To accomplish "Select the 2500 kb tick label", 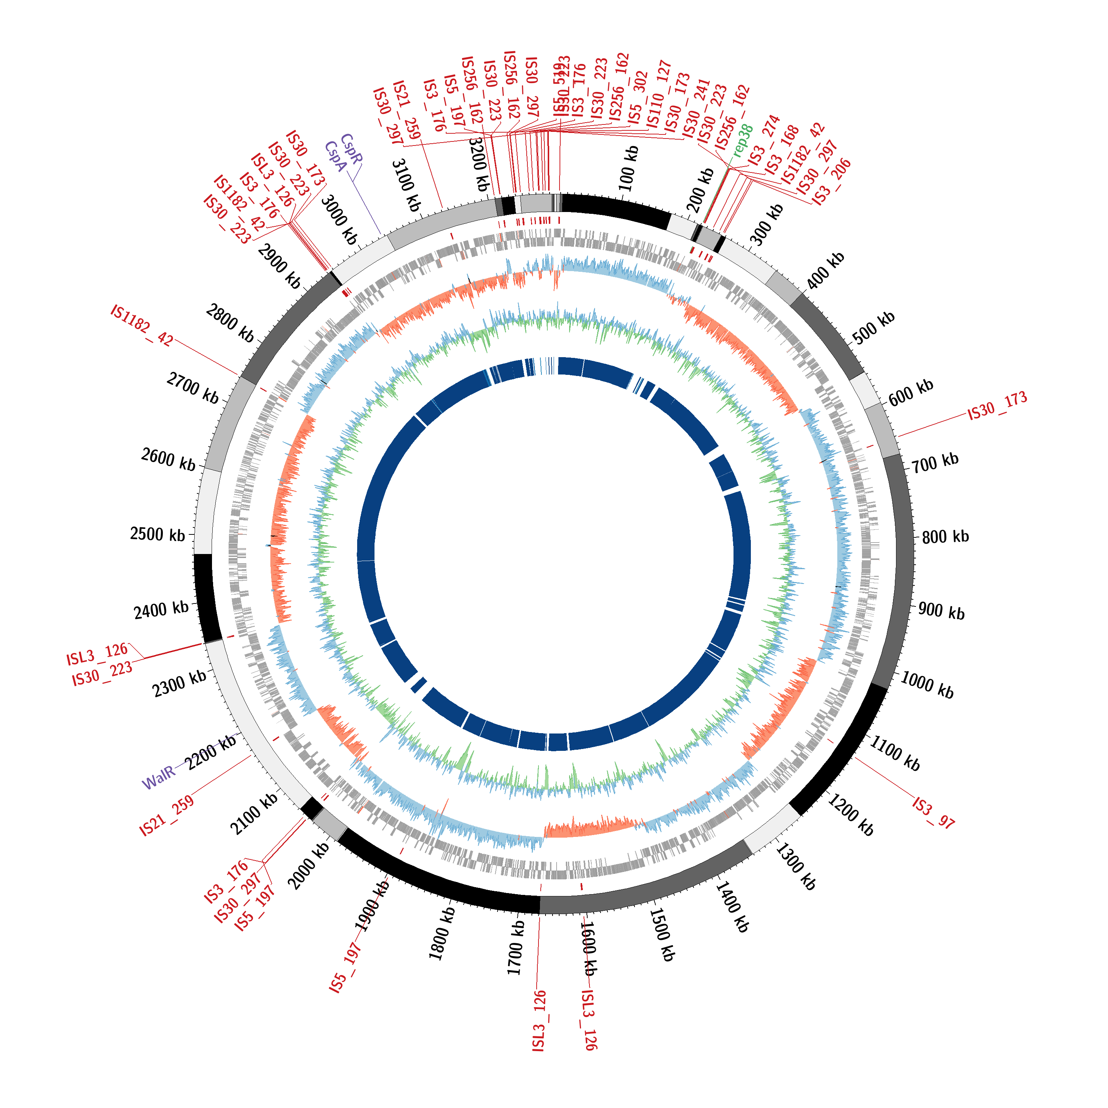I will (158, 534).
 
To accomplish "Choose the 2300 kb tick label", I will (179, 684).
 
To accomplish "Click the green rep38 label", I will (743, 140).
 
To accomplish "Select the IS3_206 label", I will (832, 182).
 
